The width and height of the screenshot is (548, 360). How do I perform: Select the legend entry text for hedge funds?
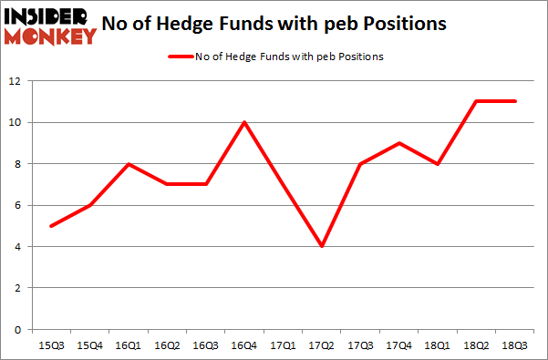pyautogui.click(x=289, y=57)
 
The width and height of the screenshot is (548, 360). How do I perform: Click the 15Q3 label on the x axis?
pyautogui.click(x=52, y=346)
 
